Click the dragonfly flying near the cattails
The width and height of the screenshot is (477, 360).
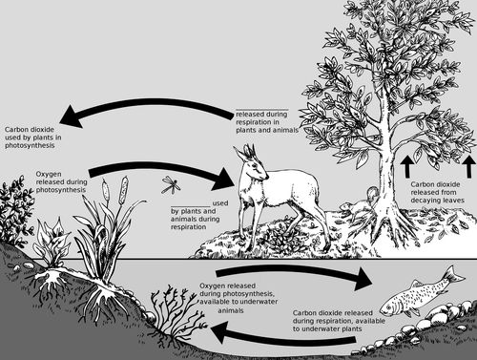(x=171, y=184)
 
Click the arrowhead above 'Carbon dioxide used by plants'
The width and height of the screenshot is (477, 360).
(x=71, y=116)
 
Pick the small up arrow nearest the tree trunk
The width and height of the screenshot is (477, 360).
(x=407, y=166)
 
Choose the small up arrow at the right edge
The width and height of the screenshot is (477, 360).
(x=468, y=166)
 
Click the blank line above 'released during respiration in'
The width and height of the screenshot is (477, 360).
(x=261, y=110)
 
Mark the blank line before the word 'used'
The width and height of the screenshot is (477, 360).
(x=191, y=206)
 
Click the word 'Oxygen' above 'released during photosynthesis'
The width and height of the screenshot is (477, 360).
(x=49, y=175)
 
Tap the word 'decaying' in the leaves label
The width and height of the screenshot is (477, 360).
(x=425, y=201)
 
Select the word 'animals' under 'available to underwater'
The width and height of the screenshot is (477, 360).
(x=231, y=310)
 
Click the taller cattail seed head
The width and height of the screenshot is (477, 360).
(x=123, y=190)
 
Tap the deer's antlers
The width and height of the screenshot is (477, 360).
(x=249, y=150)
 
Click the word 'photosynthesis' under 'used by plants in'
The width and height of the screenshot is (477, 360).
(x=30, y=145)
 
